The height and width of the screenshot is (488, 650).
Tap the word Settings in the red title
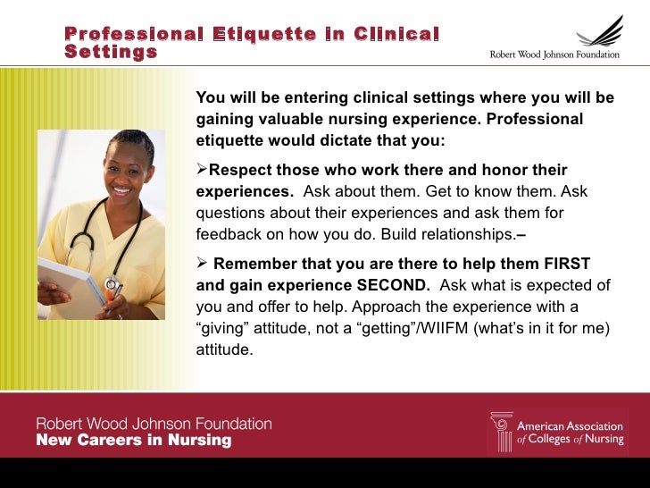111,52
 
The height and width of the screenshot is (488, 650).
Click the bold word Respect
241,170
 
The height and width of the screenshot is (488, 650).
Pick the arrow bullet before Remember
202,263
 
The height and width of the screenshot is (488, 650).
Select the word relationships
464,235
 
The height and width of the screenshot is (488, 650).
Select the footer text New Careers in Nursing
133,441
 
